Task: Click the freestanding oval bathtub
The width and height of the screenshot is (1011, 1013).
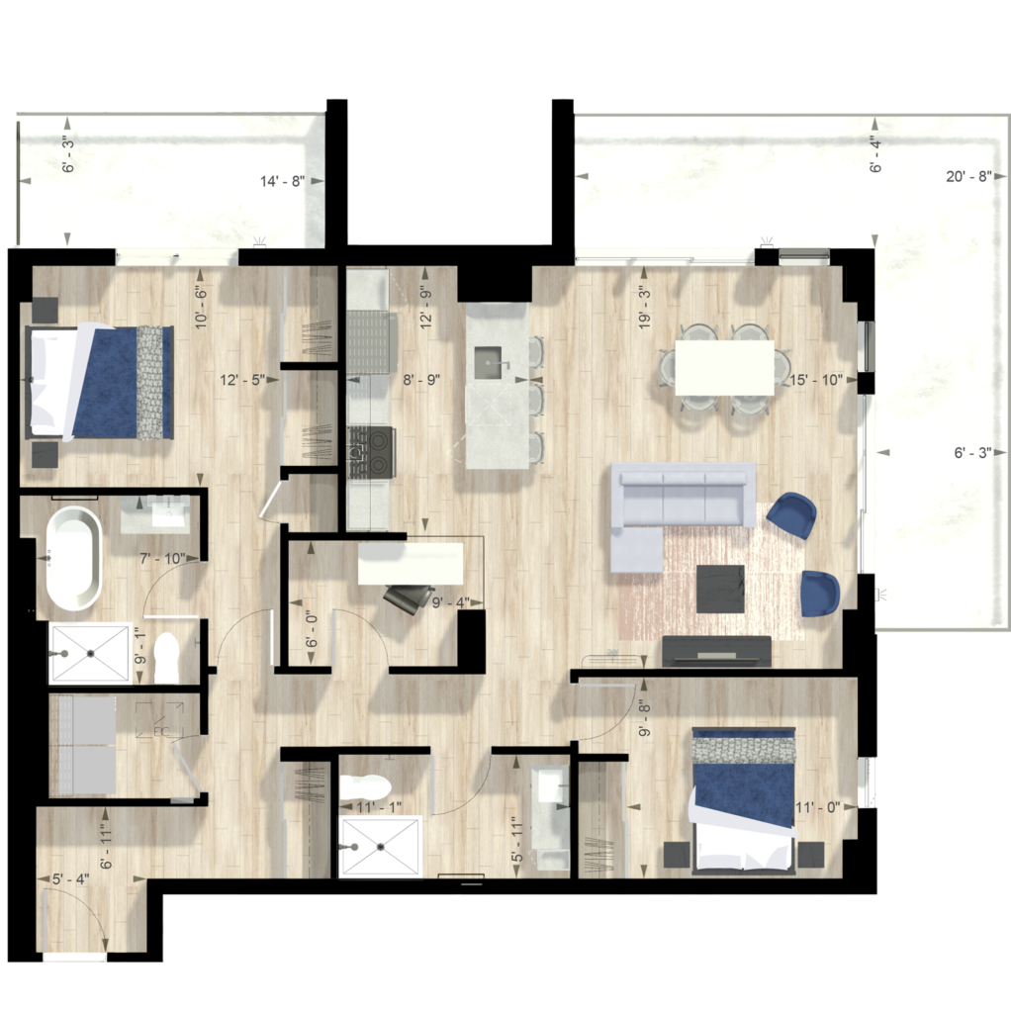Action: tap(73, 558)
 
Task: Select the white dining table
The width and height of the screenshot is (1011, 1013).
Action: tap(724, 368)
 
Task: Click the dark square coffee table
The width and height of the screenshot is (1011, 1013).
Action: tap(720, 589)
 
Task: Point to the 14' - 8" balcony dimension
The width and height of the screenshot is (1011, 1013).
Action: tap(282, 182)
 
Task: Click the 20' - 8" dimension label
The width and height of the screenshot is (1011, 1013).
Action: tap(968, 176)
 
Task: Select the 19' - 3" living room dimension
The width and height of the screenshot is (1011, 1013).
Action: tap(645, 308)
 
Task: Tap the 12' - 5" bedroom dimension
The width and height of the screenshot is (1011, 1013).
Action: tap(241, 380)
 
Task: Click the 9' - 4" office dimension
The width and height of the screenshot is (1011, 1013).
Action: tap(450, 602)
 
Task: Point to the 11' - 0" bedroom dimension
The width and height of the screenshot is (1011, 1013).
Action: tap(817, 807)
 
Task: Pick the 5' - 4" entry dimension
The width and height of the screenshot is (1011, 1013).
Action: tap(71, 879)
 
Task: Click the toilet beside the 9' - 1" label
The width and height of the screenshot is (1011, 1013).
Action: tap(166, 658)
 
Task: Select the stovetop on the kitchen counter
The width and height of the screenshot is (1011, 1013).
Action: tap(371, 451)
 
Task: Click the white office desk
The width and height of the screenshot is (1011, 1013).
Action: tap(411, 564)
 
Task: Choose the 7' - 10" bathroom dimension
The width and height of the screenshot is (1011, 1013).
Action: tap(162, 559)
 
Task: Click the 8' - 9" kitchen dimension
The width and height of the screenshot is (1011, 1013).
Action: tap(421, 380)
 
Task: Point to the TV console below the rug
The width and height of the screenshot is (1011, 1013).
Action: tap(717, 651)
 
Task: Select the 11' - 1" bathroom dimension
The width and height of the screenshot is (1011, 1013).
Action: tap(379, 807)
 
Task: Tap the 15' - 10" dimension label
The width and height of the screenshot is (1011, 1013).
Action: tap(816, 380)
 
